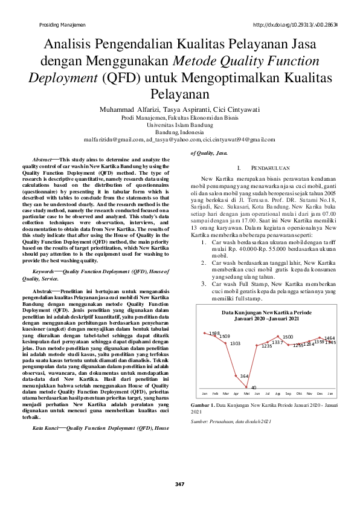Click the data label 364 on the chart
click(x=244, y=376)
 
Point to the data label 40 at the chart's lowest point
click(x=254, y=387)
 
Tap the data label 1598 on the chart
click(x=214, y=333)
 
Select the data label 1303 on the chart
click(x=235, y=343)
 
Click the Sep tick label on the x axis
click(x=288, y=393)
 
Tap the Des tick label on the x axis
click(x=320, y=393)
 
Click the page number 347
click(x=179, y=484)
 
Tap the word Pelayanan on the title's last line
click(x=179, y=96)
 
